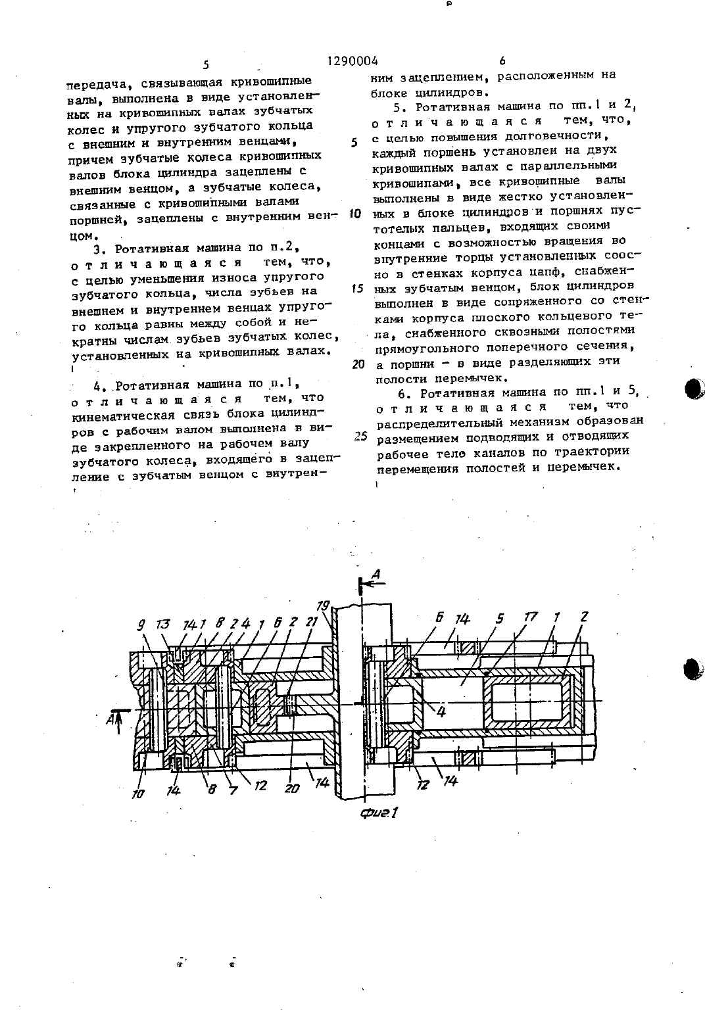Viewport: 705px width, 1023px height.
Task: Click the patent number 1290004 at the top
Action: pos(352,60)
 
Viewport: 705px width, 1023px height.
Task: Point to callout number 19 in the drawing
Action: pos(323,606)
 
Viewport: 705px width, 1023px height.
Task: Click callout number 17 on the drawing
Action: pos(531,619)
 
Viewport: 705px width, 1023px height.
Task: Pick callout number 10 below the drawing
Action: pos(137,794)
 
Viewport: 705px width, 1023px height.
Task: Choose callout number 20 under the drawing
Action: pos(291,788)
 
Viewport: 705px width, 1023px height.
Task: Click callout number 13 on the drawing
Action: pos(163,624)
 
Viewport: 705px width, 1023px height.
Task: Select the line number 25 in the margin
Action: pos(361,436)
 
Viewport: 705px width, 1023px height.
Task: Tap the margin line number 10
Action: pos(355,214)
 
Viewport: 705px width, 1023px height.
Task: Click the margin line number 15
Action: pos(357,289)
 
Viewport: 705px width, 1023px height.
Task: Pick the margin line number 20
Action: pos(358,364)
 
